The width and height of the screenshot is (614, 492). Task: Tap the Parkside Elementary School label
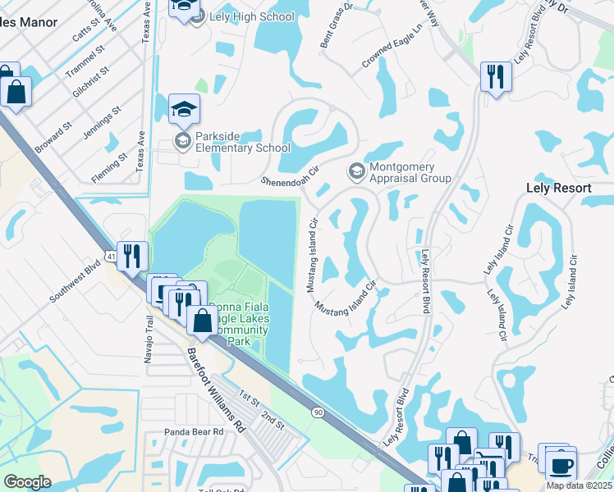click(x=242, y=142)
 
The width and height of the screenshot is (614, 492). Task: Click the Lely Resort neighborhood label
click(x=558, y=188)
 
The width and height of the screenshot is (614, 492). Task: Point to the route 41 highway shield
click(x=110, y=257)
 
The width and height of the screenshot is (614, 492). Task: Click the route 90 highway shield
click(x=318, y=412)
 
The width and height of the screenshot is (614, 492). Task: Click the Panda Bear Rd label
click(x=194, y=431)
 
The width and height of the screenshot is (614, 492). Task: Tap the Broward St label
click(x=54, y=139)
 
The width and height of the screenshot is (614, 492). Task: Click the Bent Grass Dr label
click(x=336, y=24)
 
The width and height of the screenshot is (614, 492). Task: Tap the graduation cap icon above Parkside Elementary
click(x=184, y=108)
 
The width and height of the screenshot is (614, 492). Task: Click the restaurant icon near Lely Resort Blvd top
click(x=496, y=77)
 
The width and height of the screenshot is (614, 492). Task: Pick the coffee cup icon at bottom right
click(x=561, y=466)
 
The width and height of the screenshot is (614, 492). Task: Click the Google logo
click(x=28, y=482)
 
